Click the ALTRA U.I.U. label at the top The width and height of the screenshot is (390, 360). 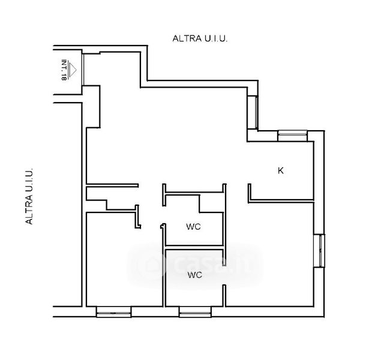coord(200,38)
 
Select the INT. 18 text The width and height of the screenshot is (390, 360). coord(64,69)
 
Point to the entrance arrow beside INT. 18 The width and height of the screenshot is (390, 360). coord(73,70)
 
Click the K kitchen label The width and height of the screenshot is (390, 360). coord(280,171)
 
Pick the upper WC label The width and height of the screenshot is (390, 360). coord(193,227)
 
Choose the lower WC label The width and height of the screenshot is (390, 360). coord(194,275)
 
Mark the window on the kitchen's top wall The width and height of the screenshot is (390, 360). coord(292,135)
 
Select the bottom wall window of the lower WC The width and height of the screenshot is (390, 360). coord(194,311)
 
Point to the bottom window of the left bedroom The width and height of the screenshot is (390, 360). coord(113,311)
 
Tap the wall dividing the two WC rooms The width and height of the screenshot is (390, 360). coord(194,247)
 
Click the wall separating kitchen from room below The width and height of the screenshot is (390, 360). coord(282,201)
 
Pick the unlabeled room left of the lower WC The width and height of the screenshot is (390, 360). coord(123,264)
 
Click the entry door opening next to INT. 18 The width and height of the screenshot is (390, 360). coord(82,70)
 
